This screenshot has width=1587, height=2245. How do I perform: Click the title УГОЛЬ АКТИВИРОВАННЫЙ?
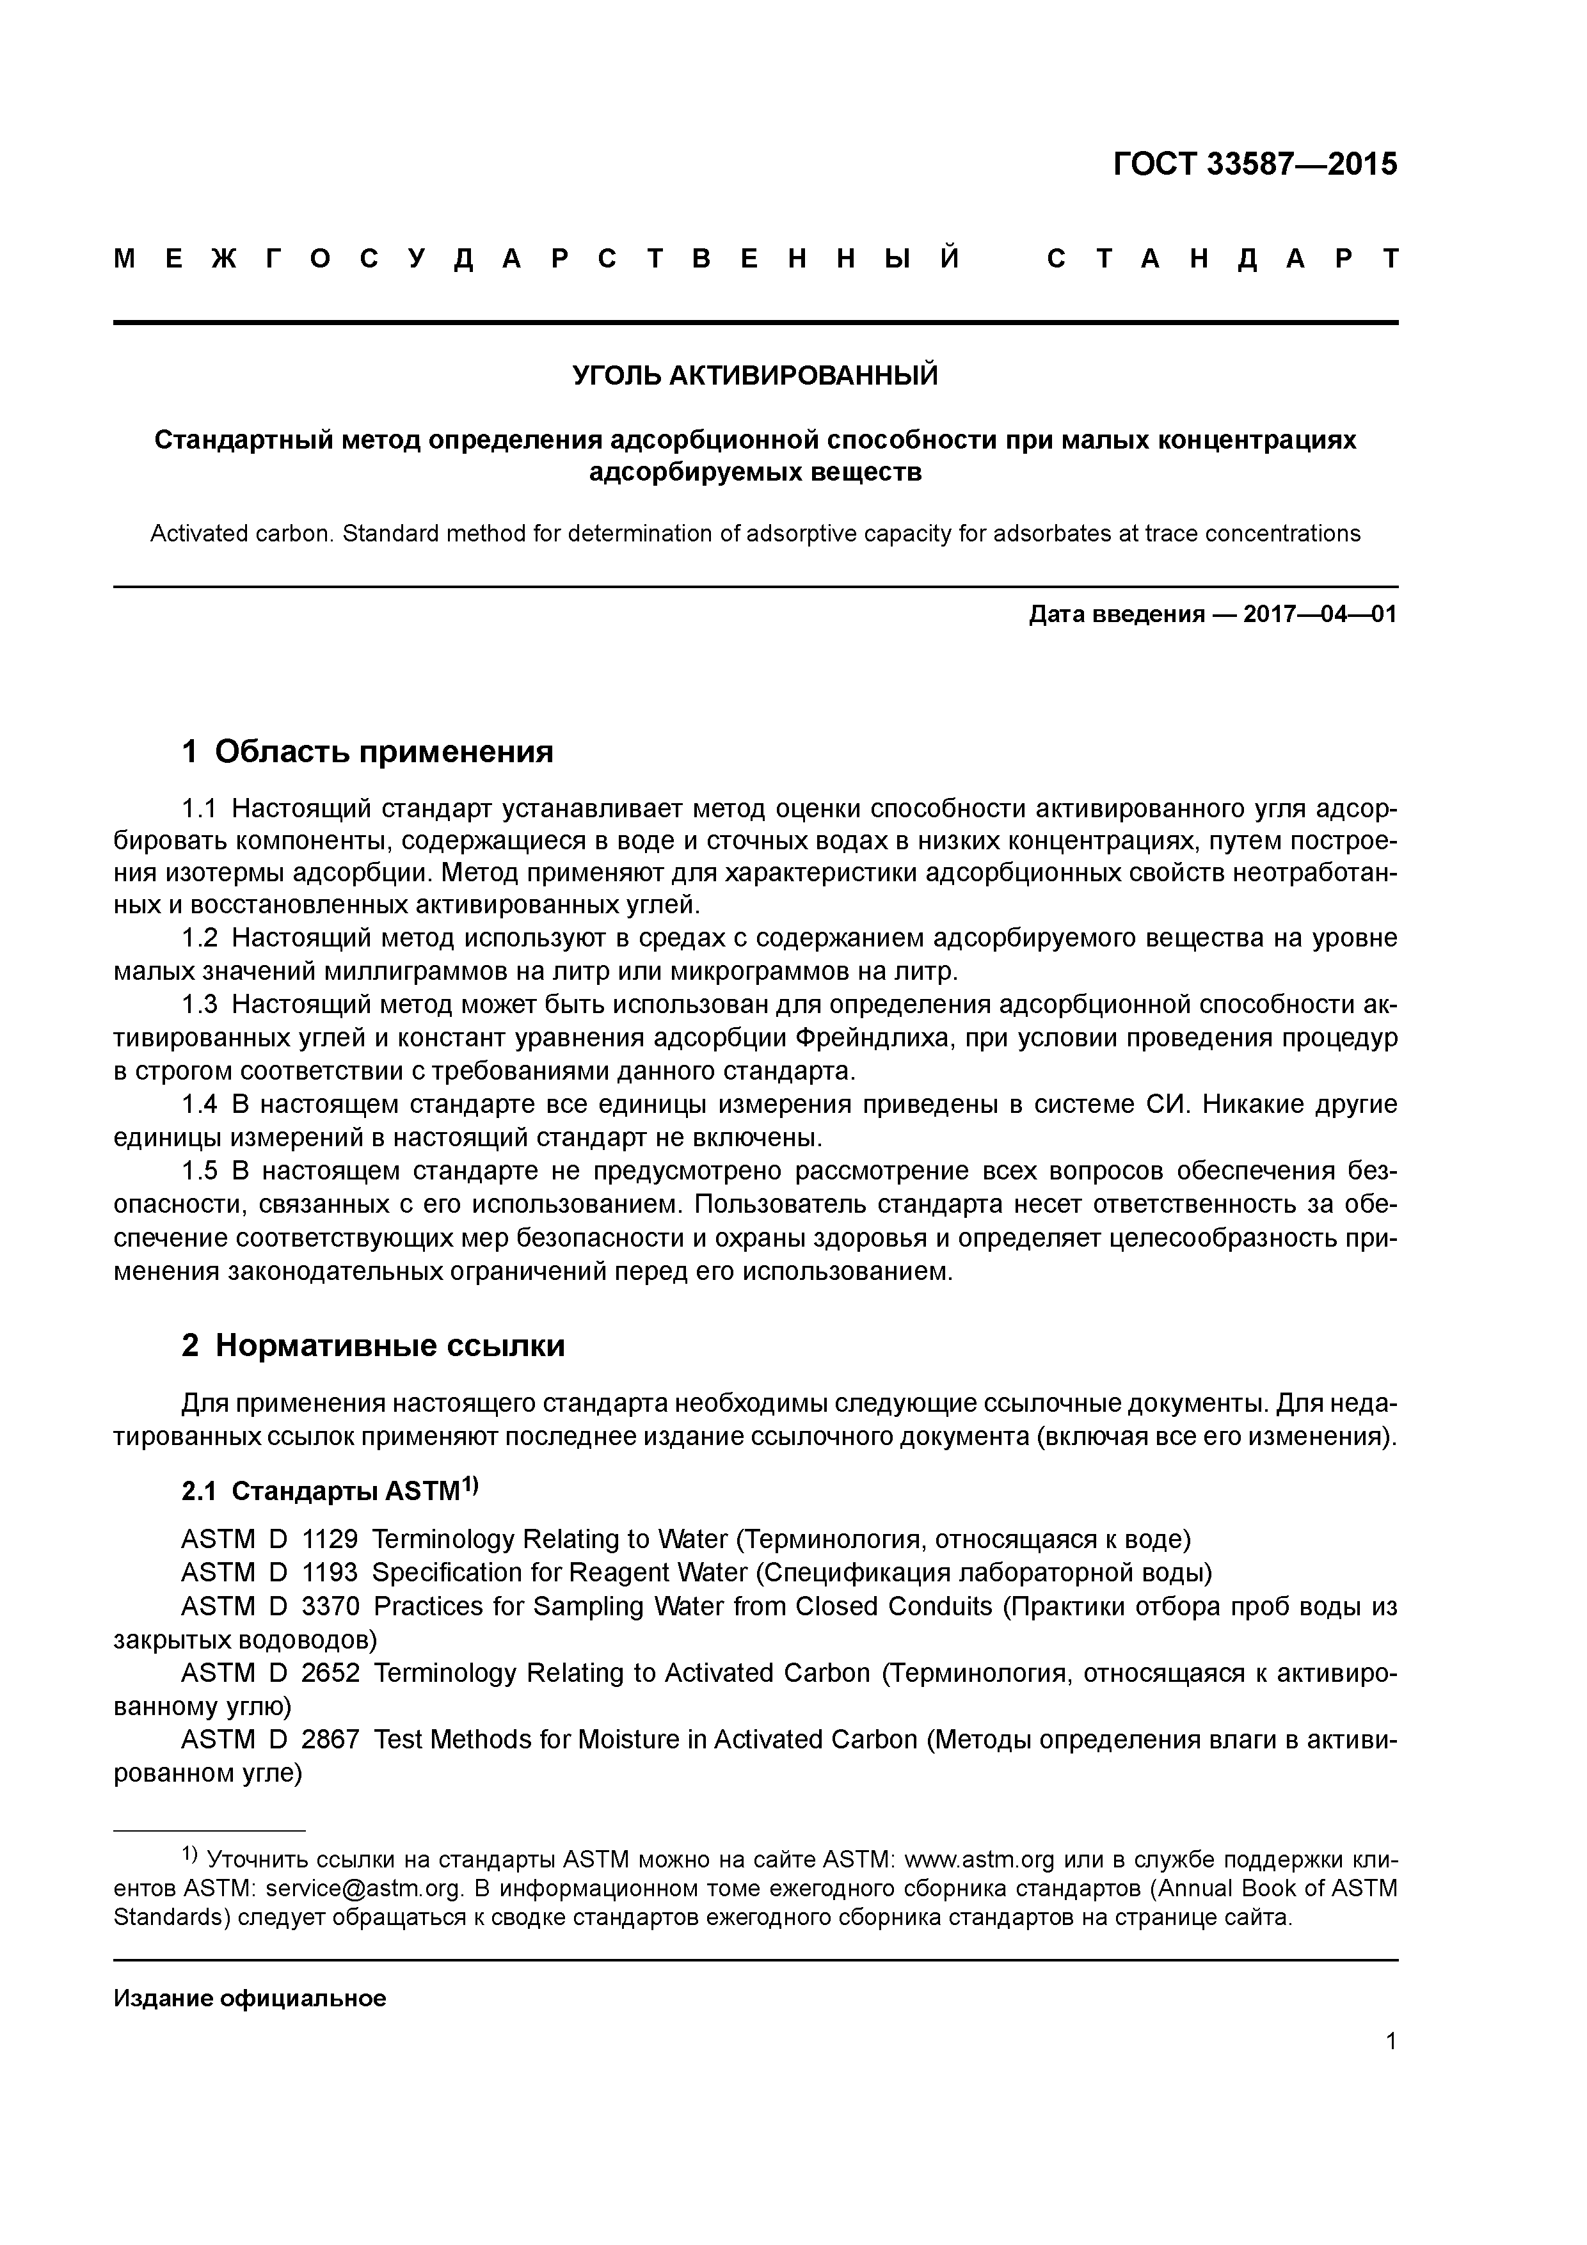click(x=755, y=376)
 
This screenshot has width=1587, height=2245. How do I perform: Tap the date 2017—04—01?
click(x=1320, y=615)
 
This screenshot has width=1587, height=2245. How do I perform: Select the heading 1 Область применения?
click(x=368, y=752)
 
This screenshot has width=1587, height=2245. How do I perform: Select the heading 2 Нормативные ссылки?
click(x=374, y=1346)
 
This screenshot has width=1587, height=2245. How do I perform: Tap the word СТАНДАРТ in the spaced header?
click(x=1222, y=259)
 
